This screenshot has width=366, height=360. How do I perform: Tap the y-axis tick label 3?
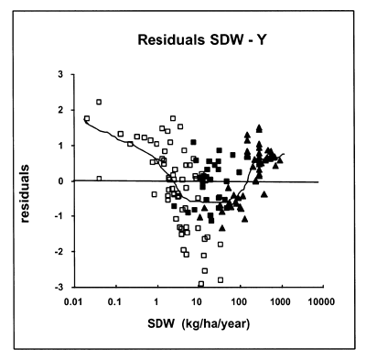point(59,74)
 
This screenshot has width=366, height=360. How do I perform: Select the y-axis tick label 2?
point(59,110)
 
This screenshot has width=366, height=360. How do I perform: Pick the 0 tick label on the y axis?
point(59,181)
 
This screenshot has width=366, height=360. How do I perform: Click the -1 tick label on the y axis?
point(58,216)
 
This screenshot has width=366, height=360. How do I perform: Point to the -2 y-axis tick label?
point(58,252)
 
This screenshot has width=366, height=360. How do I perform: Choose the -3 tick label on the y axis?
point(58,287)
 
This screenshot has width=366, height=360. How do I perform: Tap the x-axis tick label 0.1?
point(121,300)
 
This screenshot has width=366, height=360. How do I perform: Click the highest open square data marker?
point(99,103)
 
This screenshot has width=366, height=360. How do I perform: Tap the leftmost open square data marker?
point(87,119)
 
